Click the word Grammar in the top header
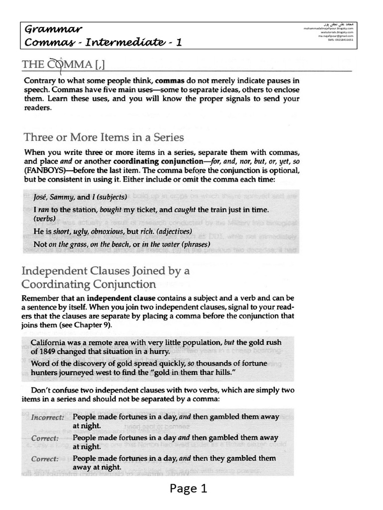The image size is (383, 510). [54, 29]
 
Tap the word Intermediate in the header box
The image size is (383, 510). [122, 43]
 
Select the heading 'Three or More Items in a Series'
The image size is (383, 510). [103, 137]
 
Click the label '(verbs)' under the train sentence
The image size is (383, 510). [45, 219]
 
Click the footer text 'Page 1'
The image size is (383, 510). [188, 489]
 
